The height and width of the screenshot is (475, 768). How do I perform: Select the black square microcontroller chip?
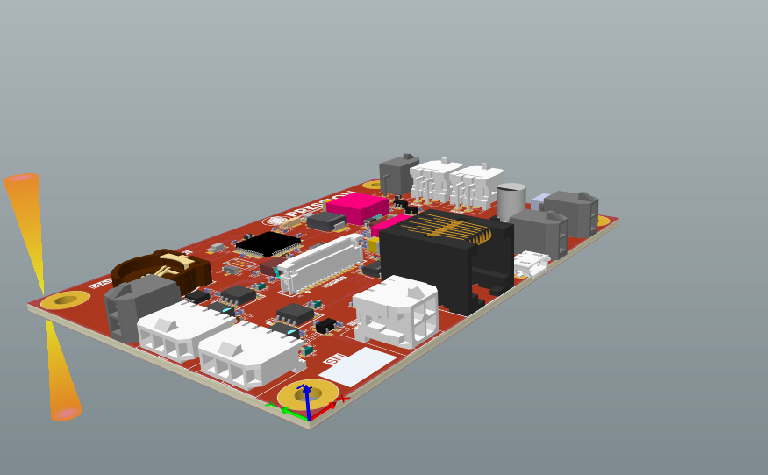click(x=268, y=244)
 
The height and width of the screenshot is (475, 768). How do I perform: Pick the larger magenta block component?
click(x=357, y=207)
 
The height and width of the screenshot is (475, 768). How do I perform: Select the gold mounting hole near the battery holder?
click(x=66, y=300)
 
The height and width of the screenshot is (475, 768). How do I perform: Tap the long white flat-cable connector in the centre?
click(x=320, y=263)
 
